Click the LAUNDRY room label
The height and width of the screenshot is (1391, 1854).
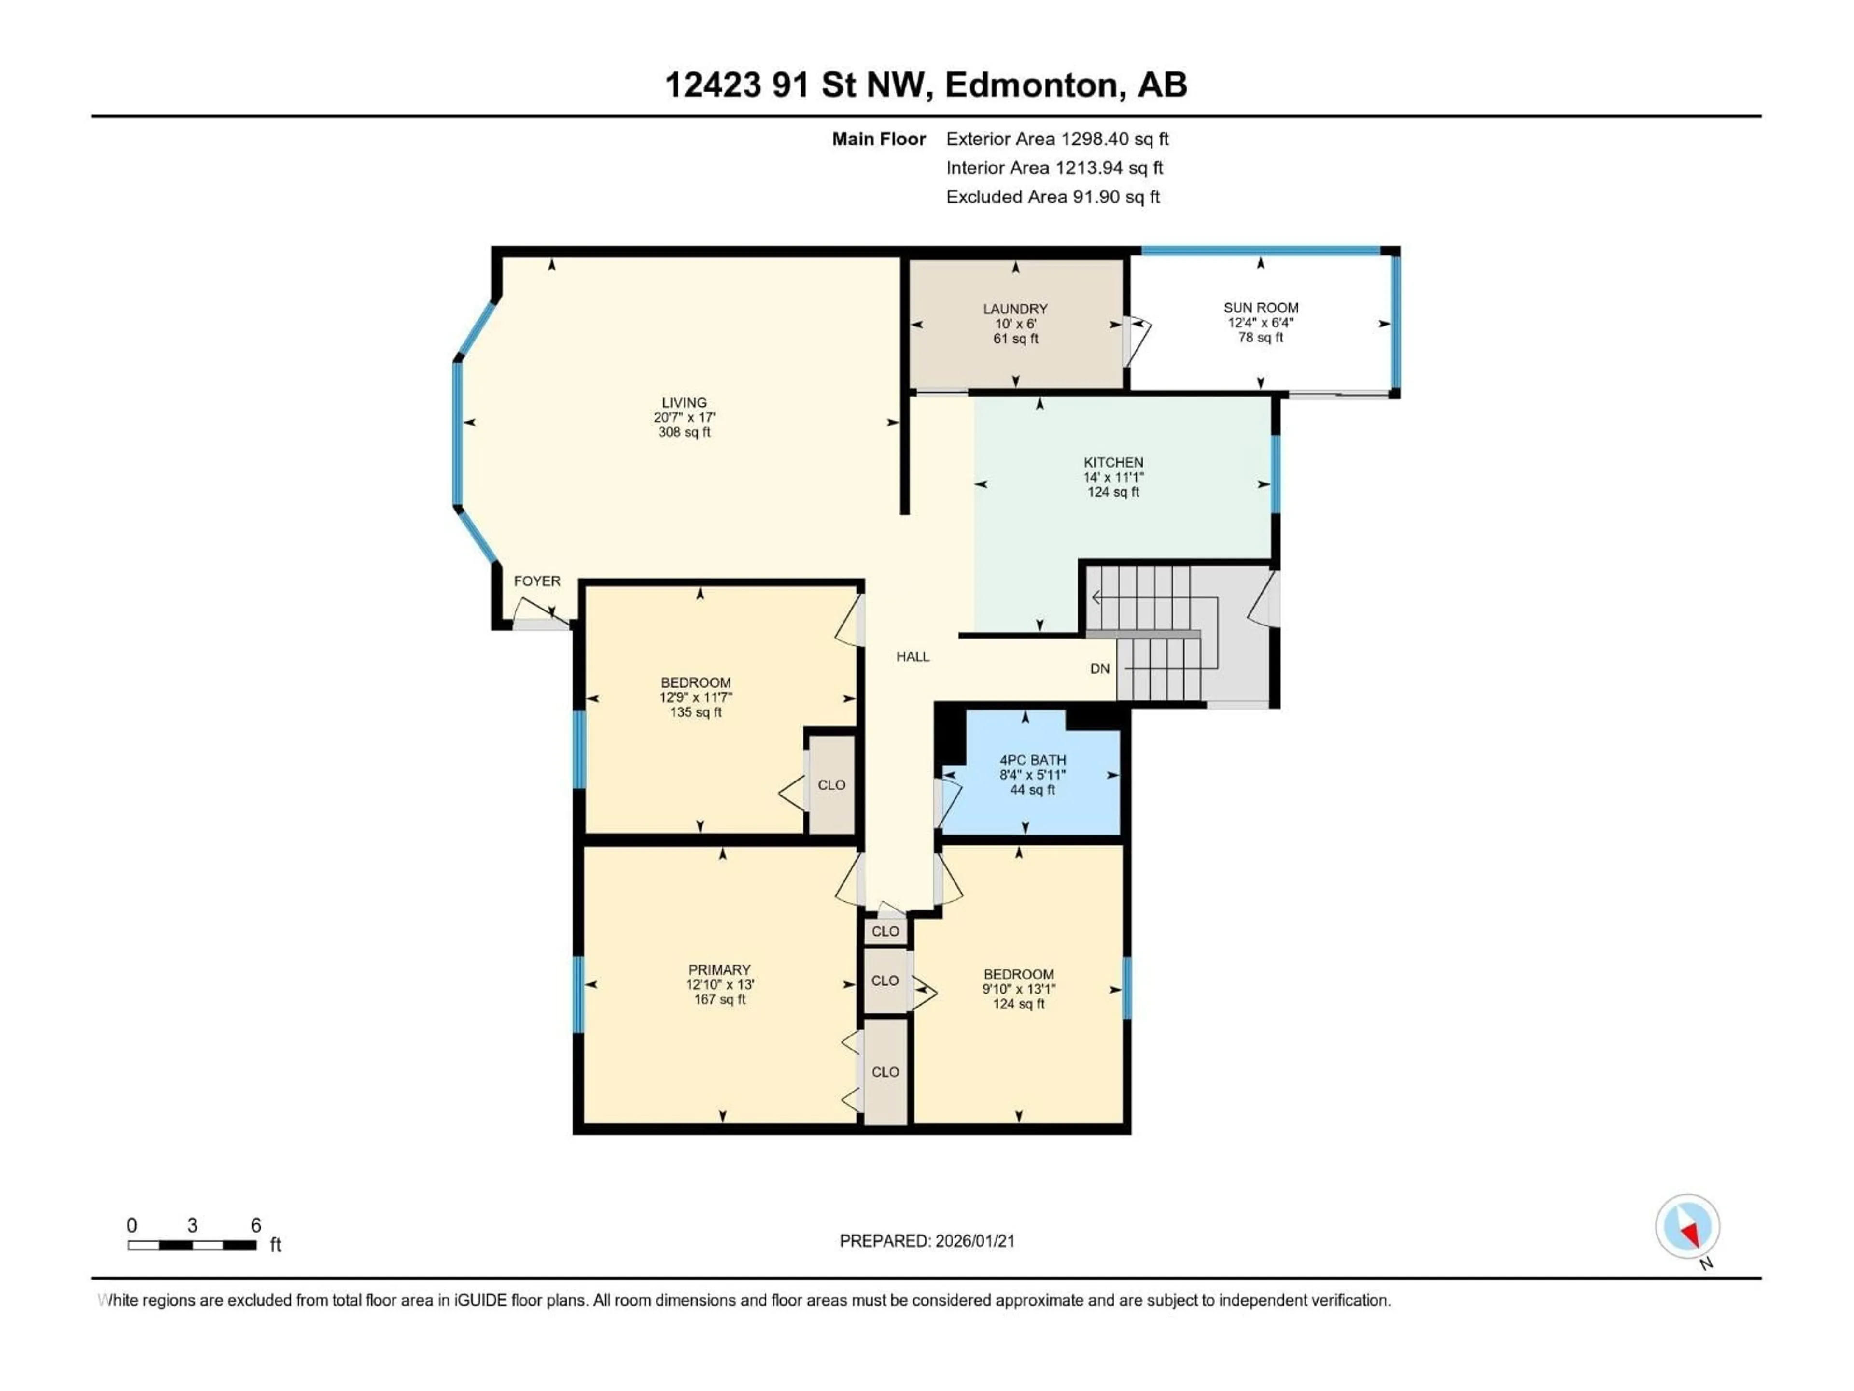[x=1015, y=309]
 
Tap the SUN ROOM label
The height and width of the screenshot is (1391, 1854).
[x=1261, y=308]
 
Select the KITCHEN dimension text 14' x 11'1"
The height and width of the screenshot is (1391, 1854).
[x=1113, y=477]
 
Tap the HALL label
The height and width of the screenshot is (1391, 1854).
[x=913, y=656]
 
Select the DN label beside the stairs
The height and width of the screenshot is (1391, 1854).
[x=1100, y=668]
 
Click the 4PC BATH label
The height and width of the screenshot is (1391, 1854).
[x=1033, y=760]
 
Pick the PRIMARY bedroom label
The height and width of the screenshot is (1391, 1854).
[x=719, y=969]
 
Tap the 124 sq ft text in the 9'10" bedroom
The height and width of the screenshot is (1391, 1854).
[x=1018, y=1004]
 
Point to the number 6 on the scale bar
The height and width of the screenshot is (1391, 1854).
[x=256, y=1225]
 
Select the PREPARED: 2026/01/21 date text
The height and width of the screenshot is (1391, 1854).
[x=927, y=1241]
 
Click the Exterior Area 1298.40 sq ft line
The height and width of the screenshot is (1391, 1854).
[x=1057, y=139]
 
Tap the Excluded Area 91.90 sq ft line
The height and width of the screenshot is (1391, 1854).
[x=1053, y=197]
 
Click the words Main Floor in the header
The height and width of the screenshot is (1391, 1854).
[x=878, y=139]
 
